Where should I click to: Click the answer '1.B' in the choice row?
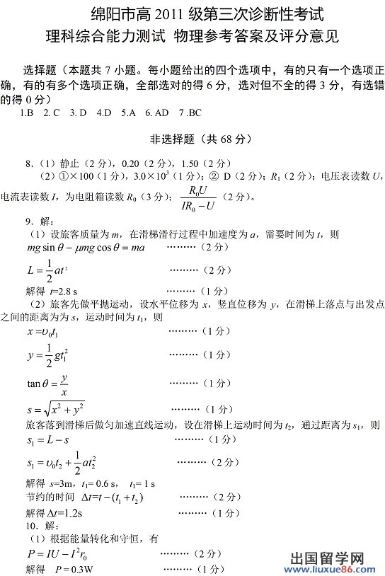(28, 113)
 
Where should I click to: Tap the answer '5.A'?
(128, 113)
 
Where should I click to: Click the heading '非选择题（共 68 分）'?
(192, 139)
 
